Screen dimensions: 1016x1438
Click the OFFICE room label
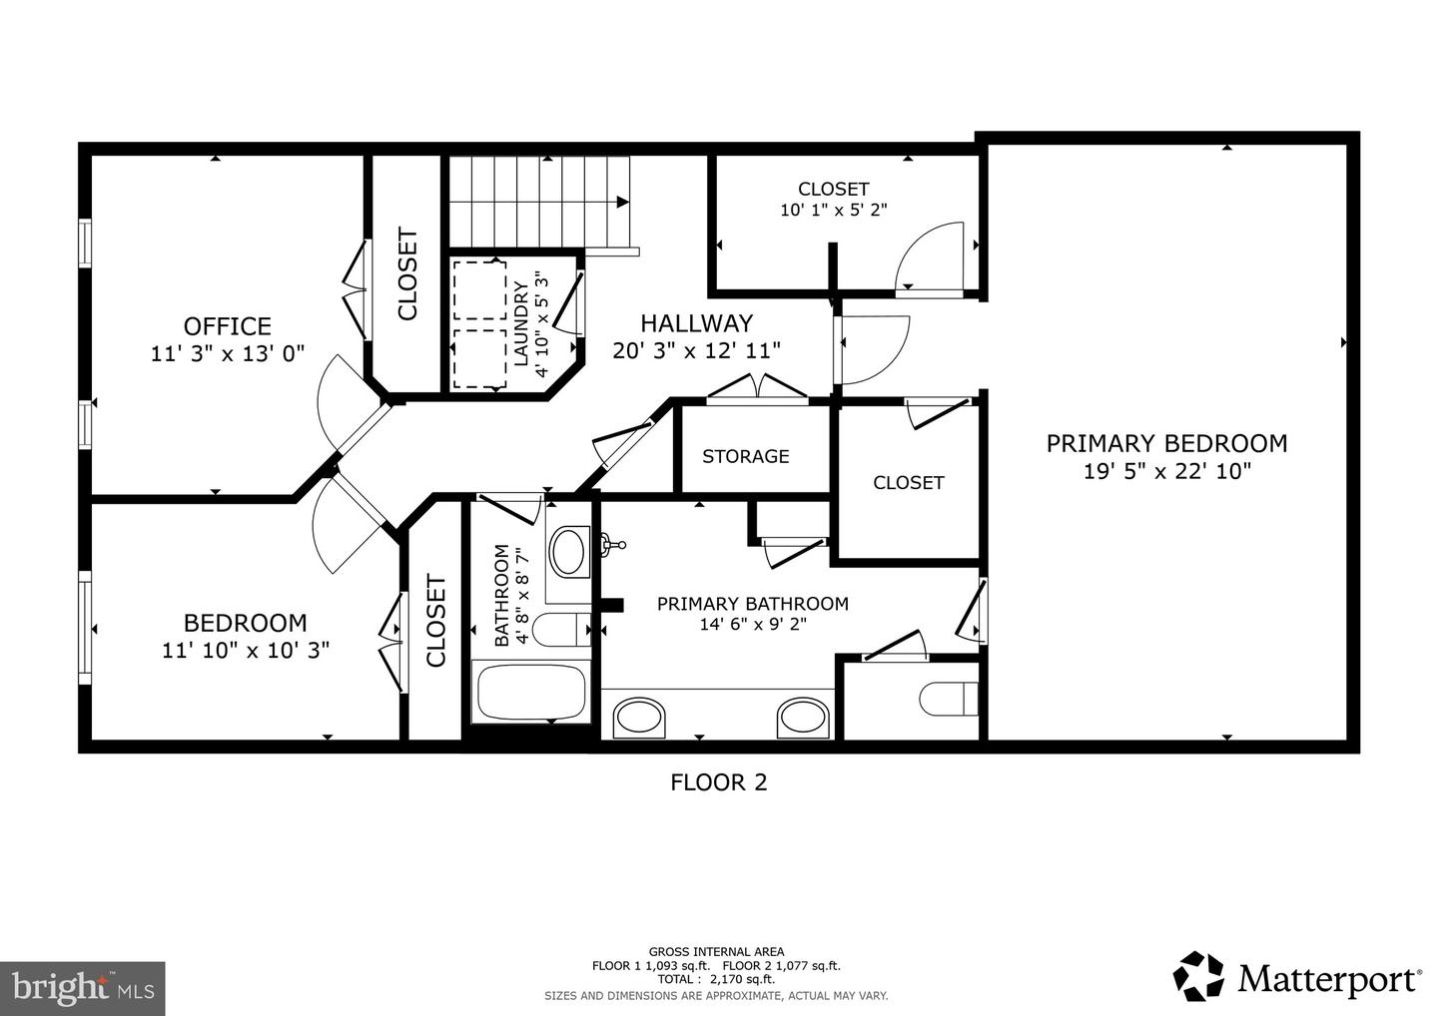click(227, 326)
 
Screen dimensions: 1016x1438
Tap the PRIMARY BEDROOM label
click(1166, 443)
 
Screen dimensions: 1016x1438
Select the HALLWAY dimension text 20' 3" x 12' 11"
click(696, 349)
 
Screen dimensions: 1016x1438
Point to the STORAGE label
click(745, 456)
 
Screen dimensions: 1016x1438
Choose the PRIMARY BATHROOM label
click(752, 603)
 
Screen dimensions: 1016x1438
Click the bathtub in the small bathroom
click(530, 692)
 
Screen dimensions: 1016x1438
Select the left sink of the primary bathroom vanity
click(638, 717)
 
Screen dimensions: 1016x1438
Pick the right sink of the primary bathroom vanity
click(803, 717)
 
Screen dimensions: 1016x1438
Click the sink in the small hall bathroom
click(569, 550)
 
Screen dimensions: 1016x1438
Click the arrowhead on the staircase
click(622, 202)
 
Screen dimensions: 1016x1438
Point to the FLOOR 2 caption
click(718, 782)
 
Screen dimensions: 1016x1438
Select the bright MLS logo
click(82, 988)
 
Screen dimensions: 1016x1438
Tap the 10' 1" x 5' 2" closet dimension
click(833, 210)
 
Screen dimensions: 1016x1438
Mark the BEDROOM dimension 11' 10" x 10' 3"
click(246, 650)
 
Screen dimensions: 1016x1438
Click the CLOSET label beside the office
click(407, 275)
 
